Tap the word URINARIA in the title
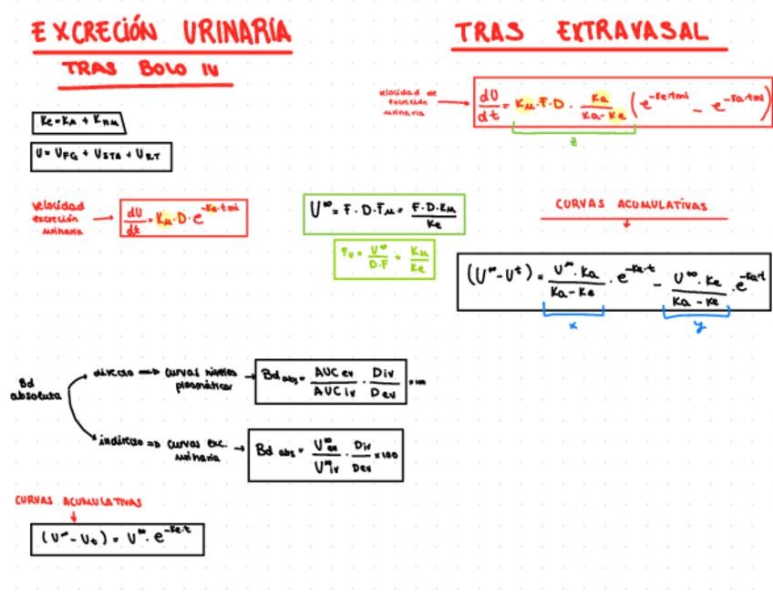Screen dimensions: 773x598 pyautogui.click(x=236, y=32)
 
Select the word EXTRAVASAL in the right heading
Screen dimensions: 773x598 pyautogui.click(x=632, y=32)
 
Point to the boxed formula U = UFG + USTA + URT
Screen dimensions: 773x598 pyautogui.click(x=100, y=156)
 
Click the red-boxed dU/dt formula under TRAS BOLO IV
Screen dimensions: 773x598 pyautogui.click(x=183, y=218)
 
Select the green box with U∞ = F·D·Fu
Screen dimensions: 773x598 pyautogui.click(x=384, y=214)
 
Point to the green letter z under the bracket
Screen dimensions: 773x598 pyautogui.click(x=573, y=141)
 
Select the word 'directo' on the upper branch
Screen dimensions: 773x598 pyautogui.click(x=114, y=372)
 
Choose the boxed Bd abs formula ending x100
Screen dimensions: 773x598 pyautogui.click(x=325, y=455)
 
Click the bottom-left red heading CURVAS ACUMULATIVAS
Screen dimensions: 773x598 pyautogui.click(x=78, y=501)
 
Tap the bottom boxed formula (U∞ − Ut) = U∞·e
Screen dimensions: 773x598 pyautogui.click(x=117, y=538)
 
